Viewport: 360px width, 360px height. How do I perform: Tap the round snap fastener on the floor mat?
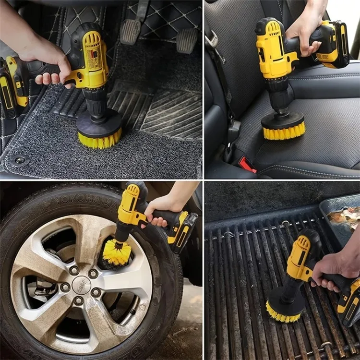pos(20,160)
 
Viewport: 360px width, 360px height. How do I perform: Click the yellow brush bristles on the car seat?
pos(283,132)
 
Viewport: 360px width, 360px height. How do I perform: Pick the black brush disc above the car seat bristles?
pos(283,119)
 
